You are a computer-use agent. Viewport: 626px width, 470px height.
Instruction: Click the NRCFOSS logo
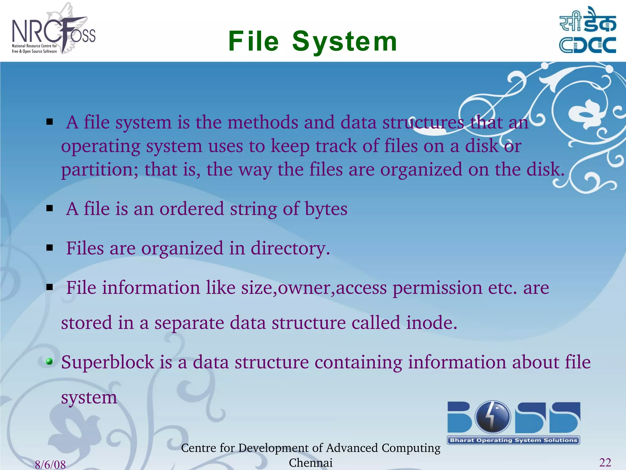tap(53, 31)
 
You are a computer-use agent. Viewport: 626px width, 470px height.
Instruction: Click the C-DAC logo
tap(587, 31)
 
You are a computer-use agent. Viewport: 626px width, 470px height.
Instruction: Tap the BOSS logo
tap(514, 422)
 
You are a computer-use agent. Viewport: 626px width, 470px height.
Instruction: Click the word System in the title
tap(345, 41)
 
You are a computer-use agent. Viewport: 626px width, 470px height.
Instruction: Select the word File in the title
tap(253, 41)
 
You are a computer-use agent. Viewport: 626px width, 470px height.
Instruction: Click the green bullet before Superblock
tap(49, 362)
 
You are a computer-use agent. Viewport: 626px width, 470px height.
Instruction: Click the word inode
tap(431, 323)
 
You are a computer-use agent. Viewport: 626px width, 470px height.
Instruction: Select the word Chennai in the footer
tap(311, 463)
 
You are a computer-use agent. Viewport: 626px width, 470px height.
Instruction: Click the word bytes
tap(326, 209)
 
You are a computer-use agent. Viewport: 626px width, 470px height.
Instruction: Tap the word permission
tap(437, 288)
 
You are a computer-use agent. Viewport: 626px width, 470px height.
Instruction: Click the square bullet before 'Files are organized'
tap(50, 248)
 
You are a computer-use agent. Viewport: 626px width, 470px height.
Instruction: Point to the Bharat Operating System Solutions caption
tap(514, 440)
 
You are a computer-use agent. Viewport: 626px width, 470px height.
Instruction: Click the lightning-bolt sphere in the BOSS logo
tap(492, 417)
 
